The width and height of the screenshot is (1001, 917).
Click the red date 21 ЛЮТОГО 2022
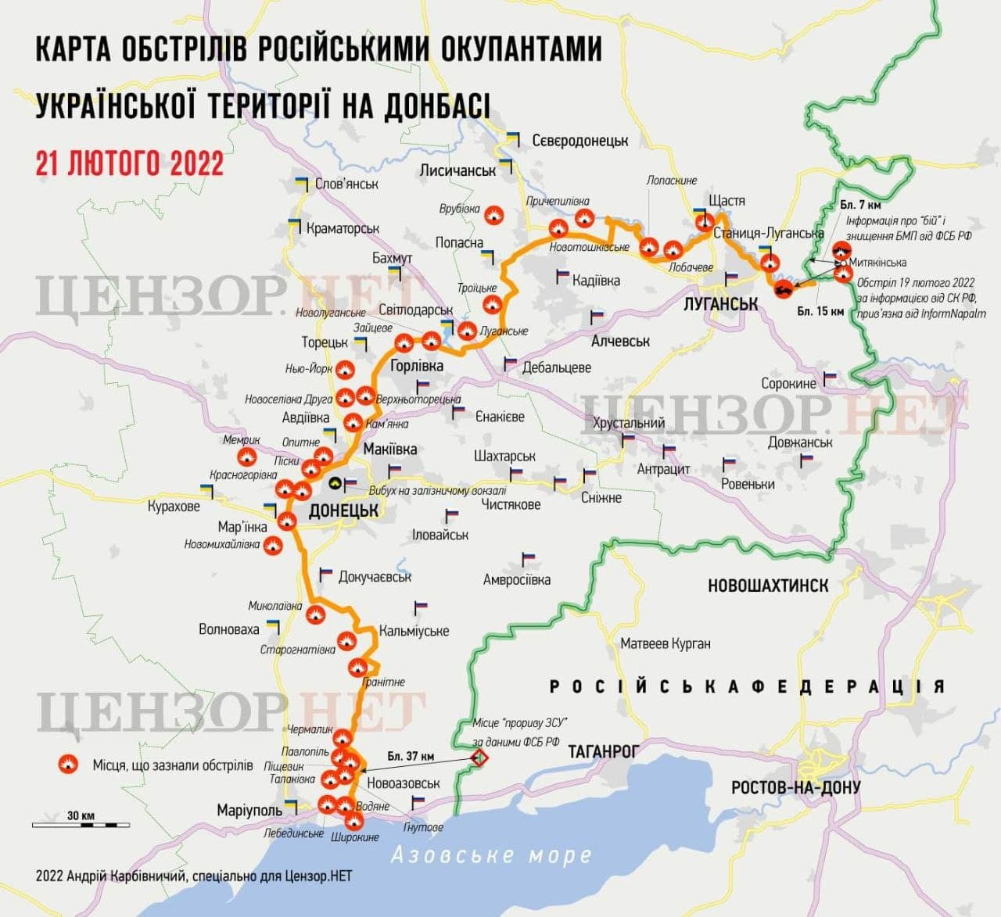[130, 163]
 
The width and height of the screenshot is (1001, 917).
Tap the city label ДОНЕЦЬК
[344, 510]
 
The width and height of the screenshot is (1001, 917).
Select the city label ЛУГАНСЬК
[721, 303]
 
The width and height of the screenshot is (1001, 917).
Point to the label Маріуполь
[249, 811]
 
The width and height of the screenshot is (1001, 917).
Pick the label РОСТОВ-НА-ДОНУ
[795, 787]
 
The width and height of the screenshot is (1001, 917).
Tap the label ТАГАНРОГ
[603, 751]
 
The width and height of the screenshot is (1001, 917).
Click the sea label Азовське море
[491, 855]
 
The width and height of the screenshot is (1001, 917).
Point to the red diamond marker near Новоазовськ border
[478, 758]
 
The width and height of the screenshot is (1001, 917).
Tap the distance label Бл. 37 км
[411, 756]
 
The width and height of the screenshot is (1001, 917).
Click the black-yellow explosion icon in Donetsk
[335, 485]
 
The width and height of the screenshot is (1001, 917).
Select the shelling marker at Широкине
[353, 821]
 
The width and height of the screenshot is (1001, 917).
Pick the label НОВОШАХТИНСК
[767, 586]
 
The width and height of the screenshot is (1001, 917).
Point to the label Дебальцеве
[556, 367]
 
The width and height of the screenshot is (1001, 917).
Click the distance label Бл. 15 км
[820, 311]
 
